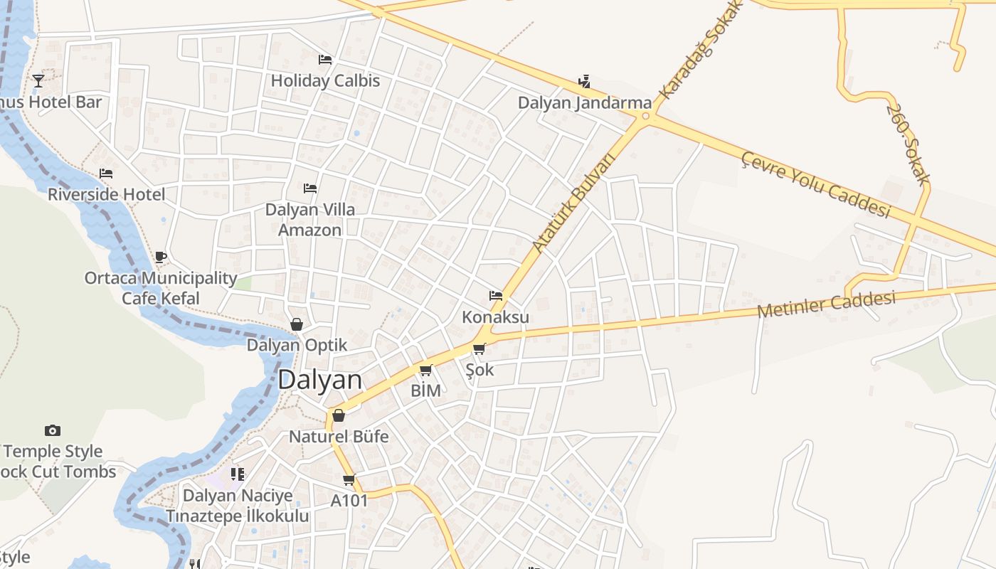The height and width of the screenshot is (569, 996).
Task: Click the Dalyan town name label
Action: [x=319, y=380]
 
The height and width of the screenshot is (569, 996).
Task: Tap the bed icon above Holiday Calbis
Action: [x=325, y=60]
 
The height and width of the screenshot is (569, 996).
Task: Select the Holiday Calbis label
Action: [x=325, y=80]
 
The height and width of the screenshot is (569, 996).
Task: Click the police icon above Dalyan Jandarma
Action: [x=584, y=82]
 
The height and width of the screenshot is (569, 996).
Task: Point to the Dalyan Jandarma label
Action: [x=584, y=102]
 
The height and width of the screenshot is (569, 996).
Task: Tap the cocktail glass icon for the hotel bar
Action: [x=38, y=81]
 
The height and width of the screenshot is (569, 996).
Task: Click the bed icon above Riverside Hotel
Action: [x=106, y=174]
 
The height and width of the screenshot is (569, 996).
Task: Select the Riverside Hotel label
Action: [x=106, y=194]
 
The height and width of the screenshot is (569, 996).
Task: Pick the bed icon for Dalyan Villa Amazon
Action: [x=310, y=188]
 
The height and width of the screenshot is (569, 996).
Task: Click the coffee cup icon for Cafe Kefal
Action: [x=161, y=257]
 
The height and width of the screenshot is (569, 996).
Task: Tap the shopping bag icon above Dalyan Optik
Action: [x=297, y=324]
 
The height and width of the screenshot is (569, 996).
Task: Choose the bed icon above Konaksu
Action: [x=496, y=296]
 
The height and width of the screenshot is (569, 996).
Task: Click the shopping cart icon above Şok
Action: [x=480, y=349]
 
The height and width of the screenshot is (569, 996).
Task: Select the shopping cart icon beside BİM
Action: [x=426, y=370]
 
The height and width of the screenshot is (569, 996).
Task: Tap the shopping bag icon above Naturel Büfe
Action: [x=339, y=415]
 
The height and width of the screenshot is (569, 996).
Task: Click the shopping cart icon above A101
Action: [x=349, y=479]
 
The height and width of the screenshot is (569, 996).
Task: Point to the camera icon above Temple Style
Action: [x=53, y=430]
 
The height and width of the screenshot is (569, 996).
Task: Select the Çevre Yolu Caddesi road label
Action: [x=815, y=184]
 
